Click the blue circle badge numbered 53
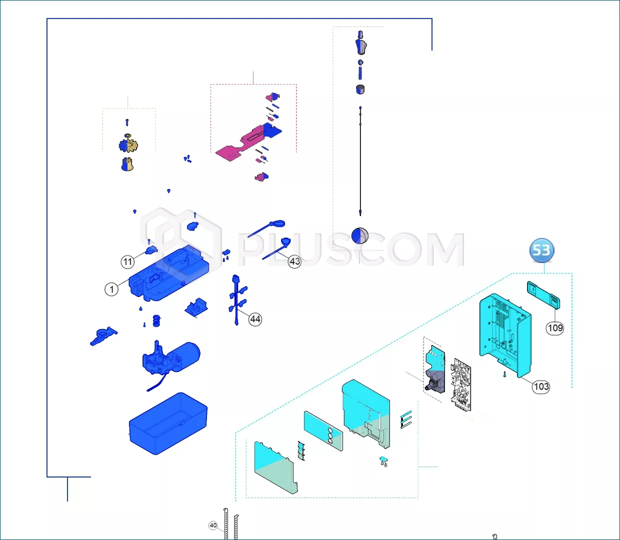[541, 250]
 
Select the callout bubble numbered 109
[555, 328]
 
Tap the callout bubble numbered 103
[541, 386]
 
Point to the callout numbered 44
[255, 319]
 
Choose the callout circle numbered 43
[294, 261]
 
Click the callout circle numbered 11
[127, 262]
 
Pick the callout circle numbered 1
[111, 289]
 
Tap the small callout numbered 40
[213, 525]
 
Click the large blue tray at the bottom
[168, 423]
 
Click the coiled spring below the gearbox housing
[156, 320]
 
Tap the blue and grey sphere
[360, 235]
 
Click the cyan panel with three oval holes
[323, 431]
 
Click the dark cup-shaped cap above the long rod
[360, 89]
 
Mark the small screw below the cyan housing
[505, 374]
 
